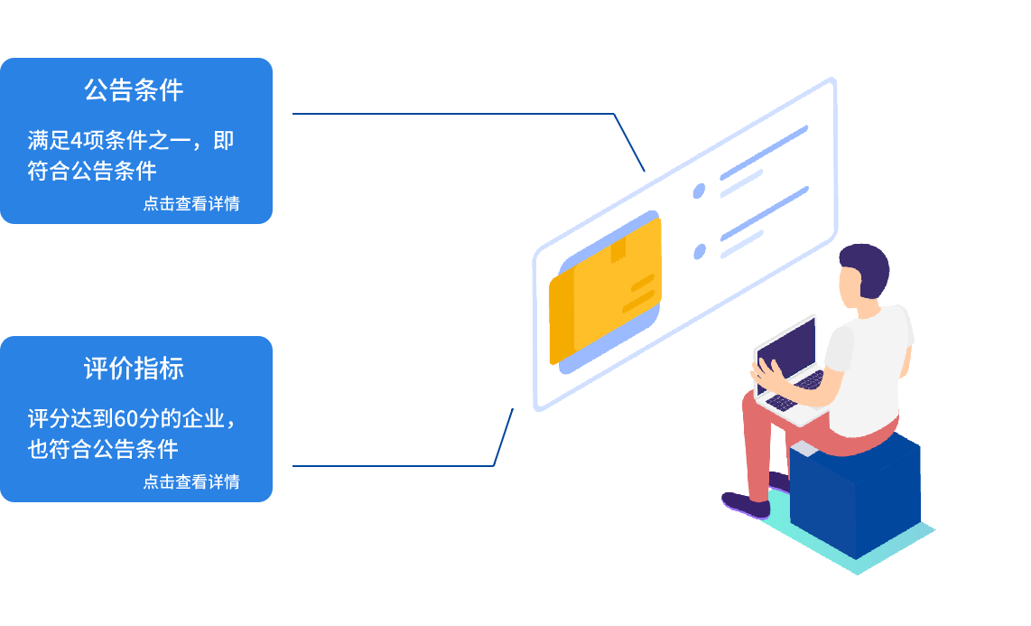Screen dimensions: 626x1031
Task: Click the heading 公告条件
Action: point(134,90)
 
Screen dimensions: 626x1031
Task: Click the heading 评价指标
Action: point(134,369)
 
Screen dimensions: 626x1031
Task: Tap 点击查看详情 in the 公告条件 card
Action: point(191,203)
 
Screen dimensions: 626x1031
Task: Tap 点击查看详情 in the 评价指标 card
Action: point(191,481)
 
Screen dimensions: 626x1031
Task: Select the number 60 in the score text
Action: point(125,420)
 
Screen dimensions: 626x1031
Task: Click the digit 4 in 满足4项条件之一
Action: point(78,142)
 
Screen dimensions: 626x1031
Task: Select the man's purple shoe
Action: point(745,503)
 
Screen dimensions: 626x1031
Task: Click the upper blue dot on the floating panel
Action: point(699,191)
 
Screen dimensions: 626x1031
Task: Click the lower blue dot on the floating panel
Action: point(699,252)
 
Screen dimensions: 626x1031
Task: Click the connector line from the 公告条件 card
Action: point(451,114)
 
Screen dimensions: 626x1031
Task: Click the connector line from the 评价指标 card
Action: point(397,466)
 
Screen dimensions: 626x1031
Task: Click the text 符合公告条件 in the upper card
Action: point(92,171)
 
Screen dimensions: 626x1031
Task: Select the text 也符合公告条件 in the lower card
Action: point(103,449)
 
